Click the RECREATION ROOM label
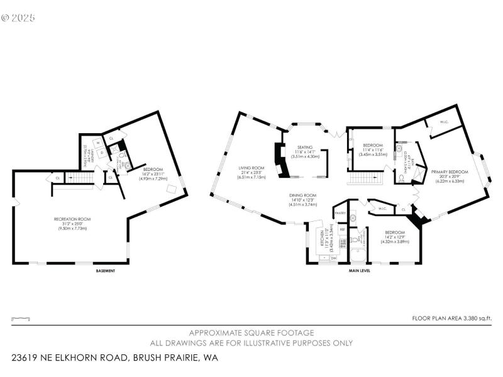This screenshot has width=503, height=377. point(72,219)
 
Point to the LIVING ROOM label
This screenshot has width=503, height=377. point(250,168)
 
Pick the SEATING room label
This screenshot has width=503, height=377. point(304,146)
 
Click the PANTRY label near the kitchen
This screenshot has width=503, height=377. point(340,213)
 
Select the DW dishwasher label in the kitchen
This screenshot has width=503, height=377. point(334,258)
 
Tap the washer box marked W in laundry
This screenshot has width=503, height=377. point(99,143)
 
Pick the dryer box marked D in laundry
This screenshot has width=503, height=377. point(100,153)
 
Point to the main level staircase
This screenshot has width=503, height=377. point(365,180)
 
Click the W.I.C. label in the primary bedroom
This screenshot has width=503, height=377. point(443,122)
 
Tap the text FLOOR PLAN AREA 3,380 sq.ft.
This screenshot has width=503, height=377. point(451,319)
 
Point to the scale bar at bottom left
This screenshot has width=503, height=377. point(21,319)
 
